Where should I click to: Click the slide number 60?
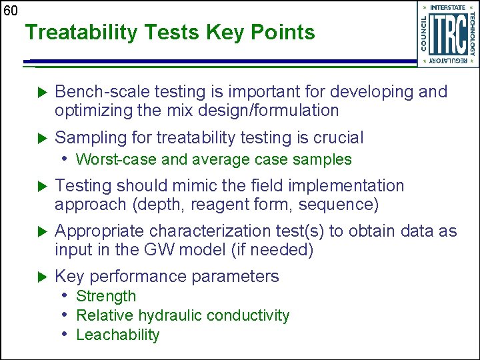(x=10, y=10)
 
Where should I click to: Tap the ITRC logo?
(x=447, y=34)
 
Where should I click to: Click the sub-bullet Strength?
(x=106, y=296)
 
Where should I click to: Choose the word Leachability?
(x=118, y=335)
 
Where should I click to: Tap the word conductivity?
(x=251, y=315)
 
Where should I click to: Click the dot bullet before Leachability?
(x=65, y=334)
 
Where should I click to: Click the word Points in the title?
(x=279, y=32)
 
